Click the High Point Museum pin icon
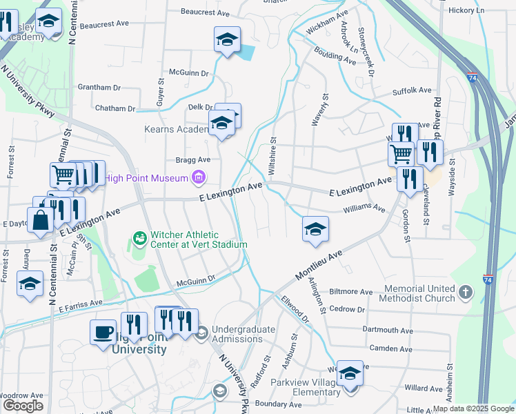199,179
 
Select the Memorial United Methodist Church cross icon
466,292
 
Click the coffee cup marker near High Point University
103,333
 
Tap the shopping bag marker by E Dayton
41,220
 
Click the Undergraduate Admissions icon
201,334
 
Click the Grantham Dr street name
99,88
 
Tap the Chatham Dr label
115,108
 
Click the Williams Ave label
364,206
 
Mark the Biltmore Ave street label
351,292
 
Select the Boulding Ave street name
335,56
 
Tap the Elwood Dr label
295,310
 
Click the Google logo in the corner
23,406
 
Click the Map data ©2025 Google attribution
473,408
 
